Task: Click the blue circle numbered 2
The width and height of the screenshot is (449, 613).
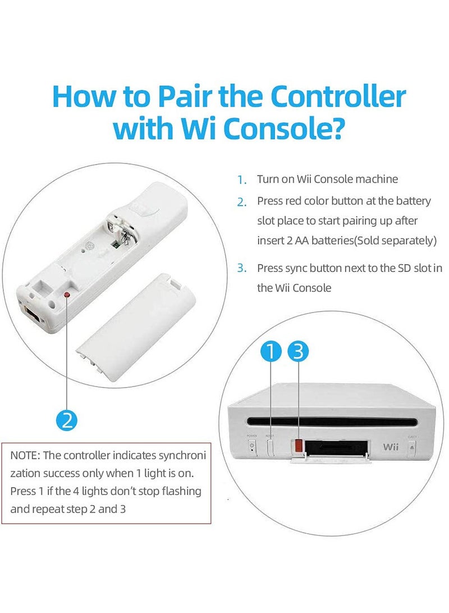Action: click(67, 420)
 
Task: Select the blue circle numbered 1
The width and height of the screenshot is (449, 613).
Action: click(272, 352)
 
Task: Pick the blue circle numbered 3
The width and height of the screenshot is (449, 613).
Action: click(298, 352)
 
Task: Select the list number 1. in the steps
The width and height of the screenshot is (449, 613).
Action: click(241, 180)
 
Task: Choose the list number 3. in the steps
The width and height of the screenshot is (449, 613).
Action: click(241, 268)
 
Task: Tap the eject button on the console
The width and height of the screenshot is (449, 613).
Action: click(412, 448)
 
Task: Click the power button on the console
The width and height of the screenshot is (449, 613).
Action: click(251, 447)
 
